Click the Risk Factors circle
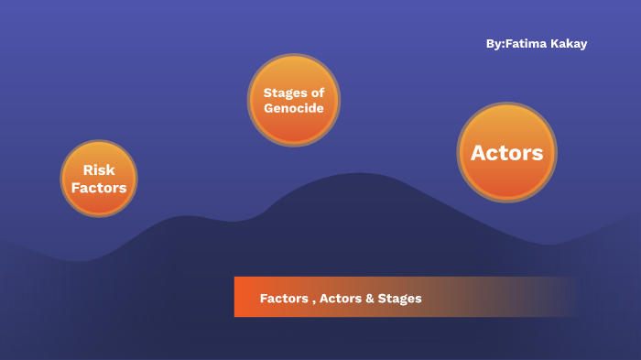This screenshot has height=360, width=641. tap(99, 179)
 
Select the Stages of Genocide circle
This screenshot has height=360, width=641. tap(293, 100)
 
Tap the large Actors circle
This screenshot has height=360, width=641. tap(506, 152)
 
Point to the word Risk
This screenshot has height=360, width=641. tap(99, 170)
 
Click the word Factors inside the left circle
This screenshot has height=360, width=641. tap(99, 188)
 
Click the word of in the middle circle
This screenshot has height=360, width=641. tap(317, 93)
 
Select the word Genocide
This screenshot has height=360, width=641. tap(293, 108)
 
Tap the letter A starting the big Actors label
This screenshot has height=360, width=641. tap(478, 153)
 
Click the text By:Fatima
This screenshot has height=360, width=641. tap(514, 44)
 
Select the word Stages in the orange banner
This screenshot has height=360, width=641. tap(401, 299)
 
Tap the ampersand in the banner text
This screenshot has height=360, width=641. tap(370, 299)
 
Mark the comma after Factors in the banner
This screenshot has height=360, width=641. tap(311, 301)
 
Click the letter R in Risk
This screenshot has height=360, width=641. tap(87, 170)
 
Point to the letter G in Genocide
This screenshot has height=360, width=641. tap(268, 108)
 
